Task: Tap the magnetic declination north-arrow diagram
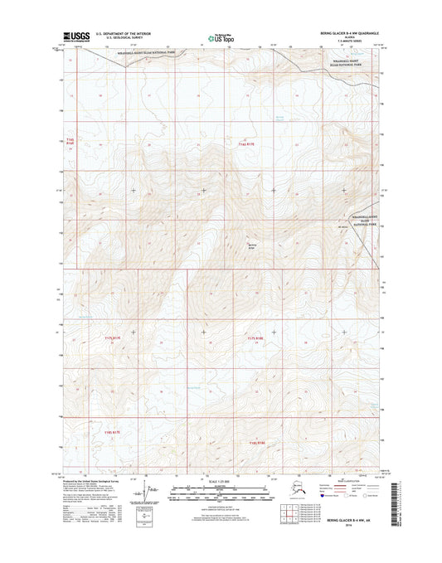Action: [x=150, y=493]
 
